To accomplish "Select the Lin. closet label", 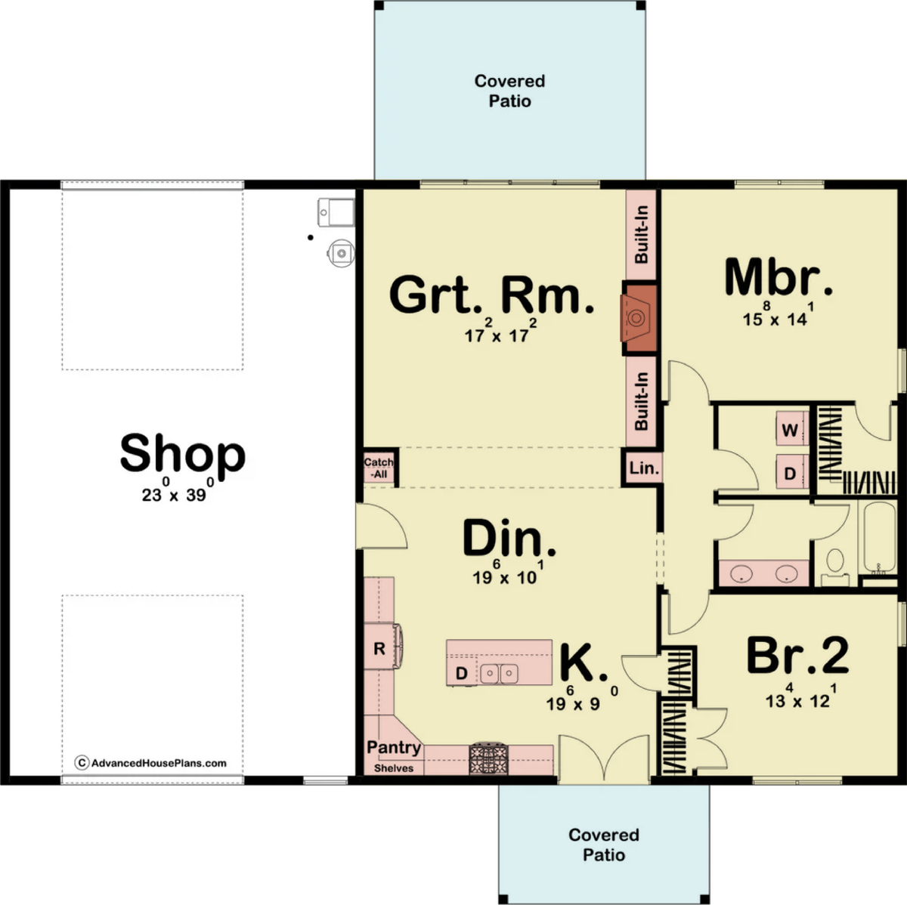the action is point(644,468).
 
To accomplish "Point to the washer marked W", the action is point(791,429).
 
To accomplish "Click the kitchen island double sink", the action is point(499,673).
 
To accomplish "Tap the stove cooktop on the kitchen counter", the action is point(489,758).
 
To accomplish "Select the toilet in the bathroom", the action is point(835,567).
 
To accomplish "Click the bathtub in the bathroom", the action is point(878,538).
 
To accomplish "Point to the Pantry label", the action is point(394,748).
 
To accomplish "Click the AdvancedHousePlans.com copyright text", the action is point(150,763).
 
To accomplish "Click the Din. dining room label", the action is point(509,538).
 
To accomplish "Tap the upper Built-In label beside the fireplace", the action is point(641,234).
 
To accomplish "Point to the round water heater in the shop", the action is point(341,253).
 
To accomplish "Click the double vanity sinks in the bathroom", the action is point(763,573).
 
